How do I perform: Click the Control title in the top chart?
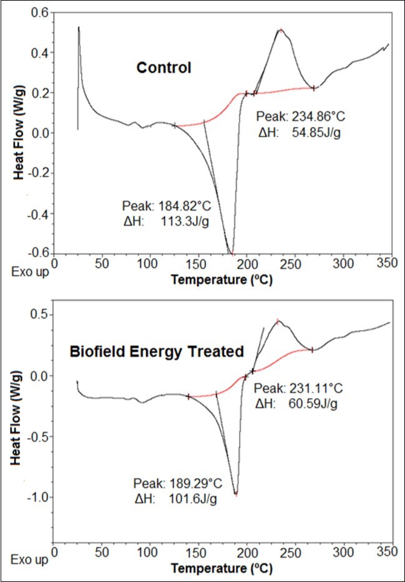coord(164,68)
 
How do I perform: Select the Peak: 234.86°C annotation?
coord(298,116)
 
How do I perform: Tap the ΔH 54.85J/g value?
coord(298,132)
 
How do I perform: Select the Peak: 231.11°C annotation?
coord(298,388)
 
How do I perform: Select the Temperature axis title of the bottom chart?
coord(221,569)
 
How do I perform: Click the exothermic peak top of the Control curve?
coord(281,30)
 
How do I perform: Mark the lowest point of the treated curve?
coord(236,494)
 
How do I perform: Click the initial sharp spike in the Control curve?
coord(79,28)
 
